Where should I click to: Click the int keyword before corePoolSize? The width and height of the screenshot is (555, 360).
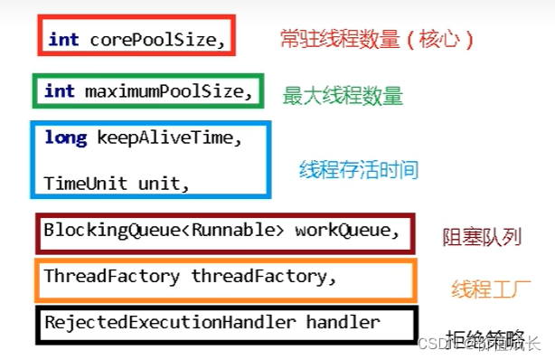pos(63,39)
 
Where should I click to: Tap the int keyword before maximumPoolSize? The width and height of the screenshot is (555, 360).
pos(59,90)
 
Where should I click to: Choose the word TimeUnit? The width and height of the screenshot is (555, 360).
pos(87,182)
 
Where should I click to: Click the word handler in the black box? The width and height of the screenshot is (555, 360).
pos(342,321)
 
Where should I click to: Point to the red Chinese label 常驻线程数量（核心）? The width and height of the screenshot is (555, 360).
pos(376,39)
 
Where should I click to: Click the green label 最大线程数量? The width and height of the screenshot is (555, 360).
pos(343,95)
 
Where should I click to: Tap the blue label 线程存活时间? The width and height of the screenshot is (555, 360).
pos(359,169)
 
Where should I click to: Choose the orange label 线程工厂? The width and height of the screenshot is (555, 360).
pos(490,289)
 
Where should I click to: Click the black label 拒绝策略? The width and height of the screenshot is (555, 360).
pos(484,338)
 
